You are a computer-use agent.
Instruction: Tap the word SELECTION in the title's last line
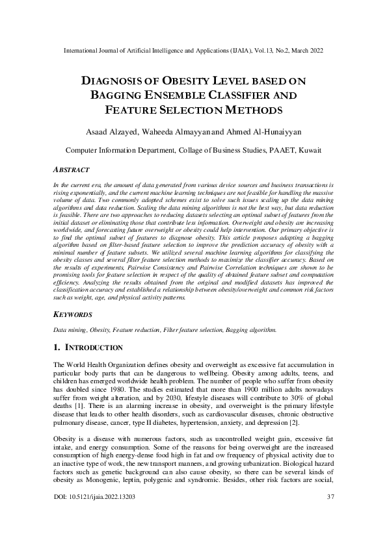click(x=194, y=110)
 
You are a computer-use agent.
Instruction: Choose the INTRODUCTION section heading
click(x=94, y=348)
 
